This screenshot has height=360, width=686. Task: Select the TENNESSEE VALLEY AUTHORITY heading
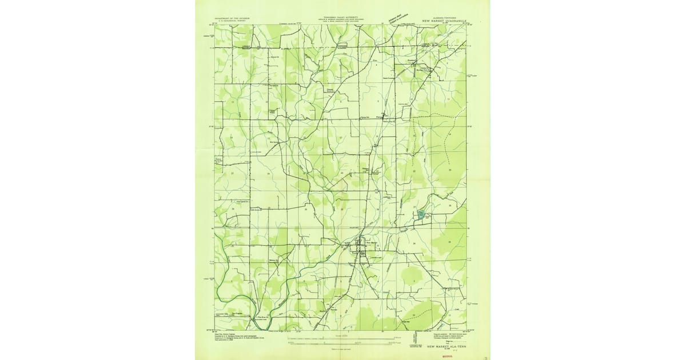click(x=342, y=18)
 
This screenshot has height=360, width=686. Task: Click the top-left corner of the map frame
click(x=215, y=25)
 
